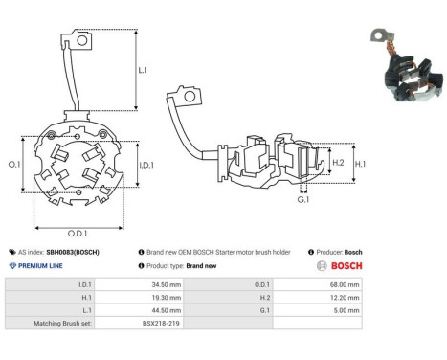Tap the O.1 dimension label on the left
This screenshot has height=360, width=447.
pos(14,165)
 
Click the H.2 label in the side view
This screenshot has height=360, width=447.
pos(337,163)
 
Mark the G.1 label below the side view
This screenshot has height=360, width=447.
pos(302,200)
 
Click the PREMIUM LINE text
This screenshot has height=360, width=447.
pos(40,265)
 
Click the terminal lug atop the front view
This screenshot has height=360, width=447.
pos(82,41)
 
